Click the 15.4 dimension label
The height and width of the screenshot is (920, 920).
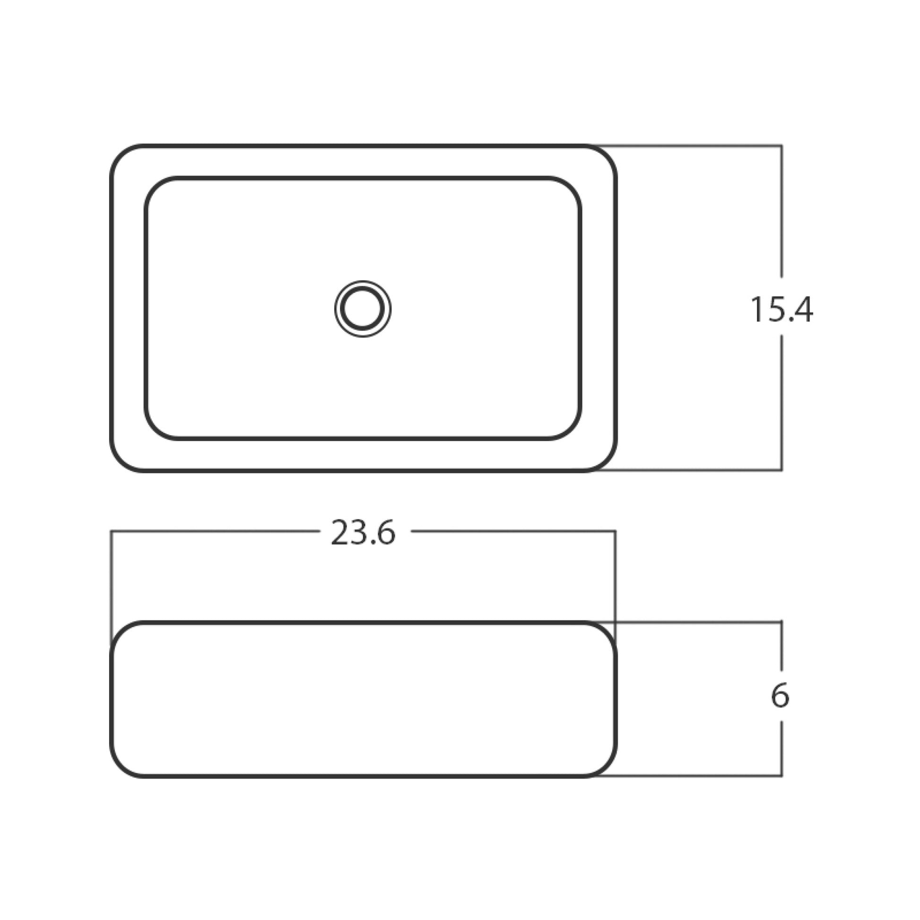[781, 310]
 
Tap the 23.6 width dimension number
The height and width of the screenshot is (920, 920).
[363, 533]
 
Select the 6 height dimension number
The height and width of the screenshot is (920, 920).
[780, 696]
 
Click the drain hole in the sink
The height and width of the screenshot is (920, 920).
[363, 309]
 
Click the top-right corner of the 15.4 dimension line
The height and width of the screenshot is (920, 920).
[781, 146]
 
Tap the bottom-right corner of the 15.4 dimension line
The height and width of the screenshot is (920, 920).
[781, 470]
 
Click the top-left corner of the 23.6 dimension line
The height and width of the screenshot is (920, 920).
[112, 531]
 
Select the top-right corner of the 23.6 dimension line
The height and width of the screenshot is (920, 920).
[615, 531]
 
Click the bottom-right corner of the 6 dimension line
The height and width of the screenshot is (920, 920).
[781, 776]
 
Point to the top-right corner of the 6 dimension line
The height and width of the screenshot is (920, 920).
[781, 622]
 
